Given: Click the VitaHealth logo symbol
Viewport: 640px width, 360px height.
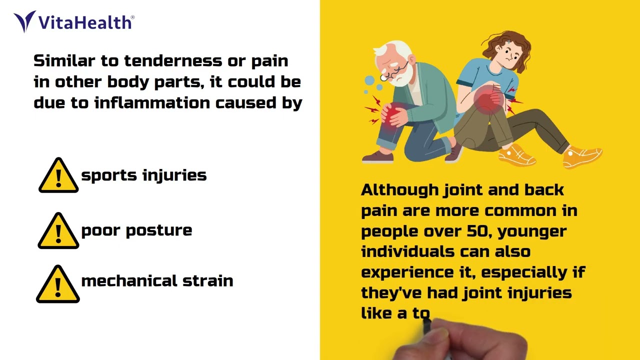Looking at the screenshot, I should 24,21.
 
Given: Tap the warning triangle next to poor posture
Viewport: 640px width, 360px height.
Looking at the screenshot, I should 58,231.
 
